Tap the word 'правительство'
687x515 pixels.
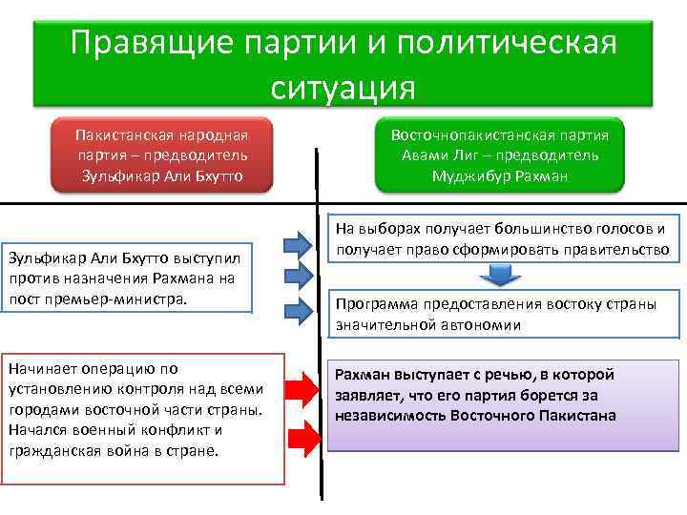pos(621,250)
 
